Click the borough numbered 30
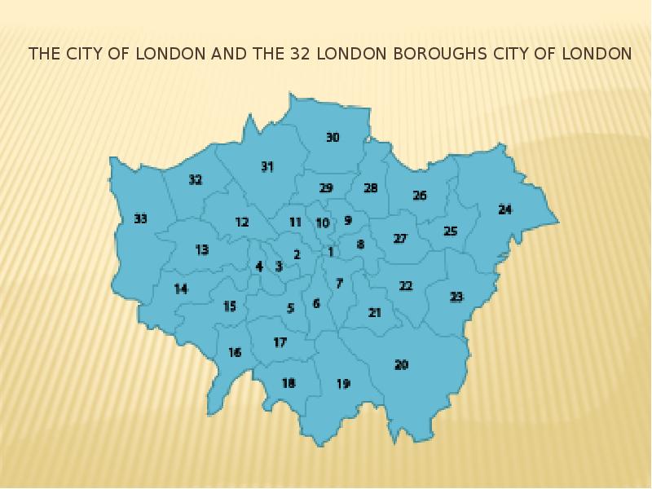coord(333,138)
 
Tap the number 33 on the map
coord(141,218)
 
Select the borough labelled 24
coord(505,209)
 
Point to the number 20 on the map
coord(401,364)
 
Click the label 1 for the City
coord(331,252)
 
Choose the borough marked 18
coord(289,383)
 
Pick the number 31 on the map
coord(267,166)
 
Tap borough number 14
coord(181,289)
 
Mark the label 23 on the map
coord(456,297)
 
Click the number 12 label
coord(241,222)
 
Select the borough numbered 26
coord(420,196)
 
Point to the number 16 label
coord(235,353)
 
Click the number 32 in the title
coord(297,55)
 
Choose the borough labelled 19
coord(343,384)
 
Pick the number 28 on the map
coord(371,188)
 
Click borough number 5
coord(290,308)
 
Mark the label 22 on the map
coord(406,286)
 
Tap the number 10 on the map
coord(323,223)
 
